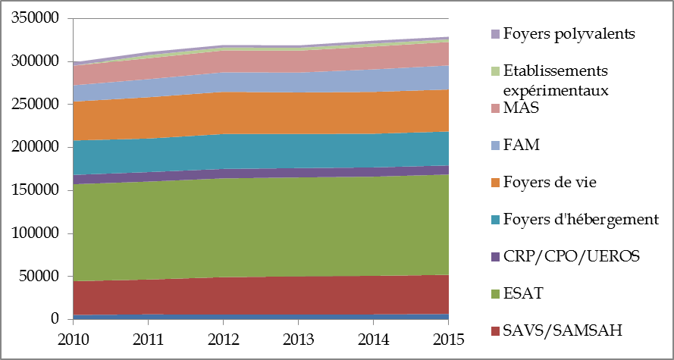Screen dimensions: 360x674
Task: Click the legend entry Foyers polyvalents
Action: point(569,34)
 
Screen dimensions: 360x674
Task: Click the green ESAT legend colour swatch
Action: point(495,294)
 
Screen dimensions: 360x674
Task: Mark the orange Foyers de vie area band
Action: point(258,112)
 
